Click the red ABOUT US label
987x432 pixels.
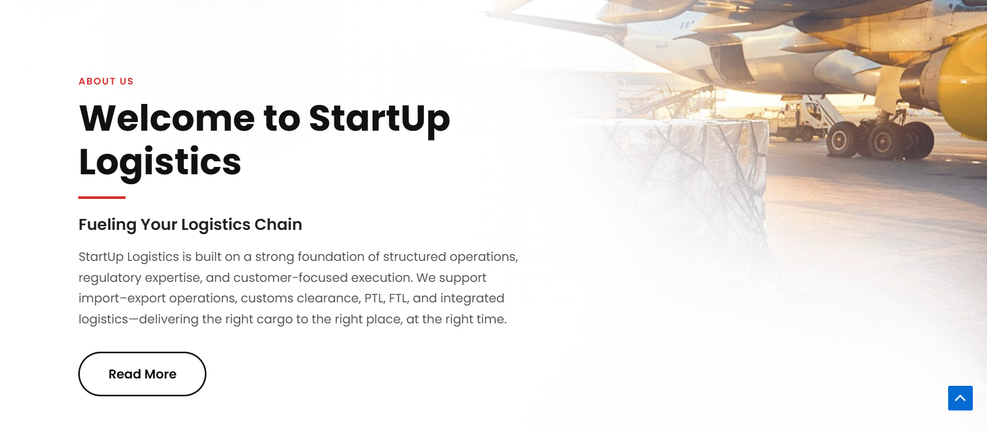(x=106, y=81)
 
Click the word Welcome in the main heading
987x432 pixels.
(x=167, y=118)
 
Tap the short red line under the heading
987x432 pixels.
(x=102, y=197)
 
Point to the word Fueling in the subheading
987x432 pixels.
(x=108, y=225)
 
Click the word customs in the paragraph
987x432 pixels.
(x=267, y=299)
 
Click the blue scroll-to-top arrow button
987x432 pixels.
(x=960, y=398)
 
